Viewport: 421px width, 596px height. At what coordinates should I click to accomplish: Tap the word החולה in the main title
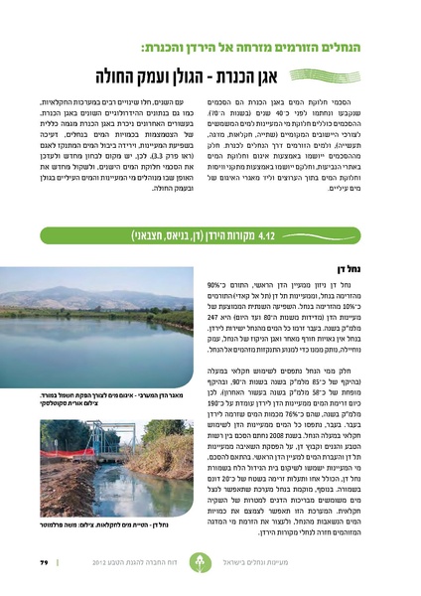pos(122,77)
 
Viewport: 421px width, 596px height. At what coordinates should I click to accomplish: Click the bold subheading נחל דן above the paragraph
pos(376,266)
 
